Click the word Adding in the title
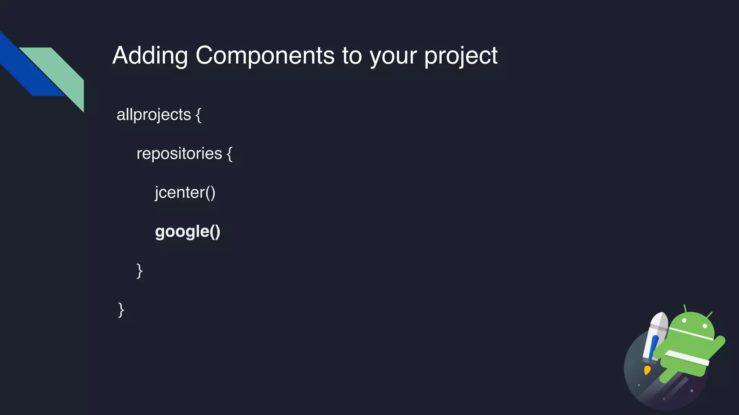click(x=150, y=56)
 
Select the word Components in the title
click(x=265, y=55)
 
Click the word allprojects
click(x=154, y=115)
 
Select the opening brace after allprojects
click(x=198, y=115)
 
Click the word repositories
click(x=179, y=154)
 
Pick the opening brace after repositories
click(x=229, y=154)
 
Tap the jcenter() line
click(x=185, y=193)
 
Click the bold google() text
click(x=187, y=232)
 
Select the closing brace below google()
click(x=140, y=271)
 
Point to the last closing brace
click(x=121, y=309)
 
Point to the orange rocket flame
click(x=647, y=370)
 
